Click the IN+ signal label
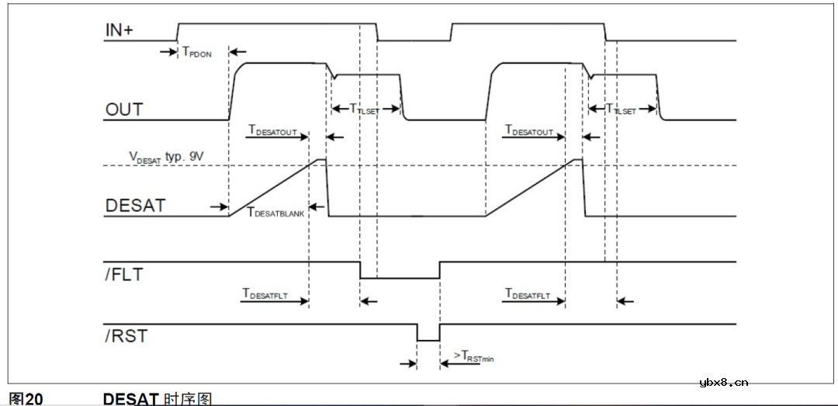pyautogui.click(x=120, y=30)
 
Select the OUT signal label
pyautogui.click(x=124, y=109)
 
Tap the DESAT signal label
pyautogui.click(x=135, y=206)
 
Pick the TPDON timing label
pyautogui.click(x=196, y=54)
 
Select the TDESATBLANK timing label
pyautogui.click(x=275, y=210)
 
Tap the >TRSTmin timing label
pyautogui.click(x=473, y=358)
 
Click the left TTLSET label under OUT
pyautogui.click(x=365, y=109)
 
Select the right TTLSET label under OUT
pyautogui.click(x=621, y=109)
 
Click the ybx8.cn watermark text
pyautogui.click(x=723, y=381)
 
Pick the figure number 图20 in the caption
pyautogui.click(x=25, y=399)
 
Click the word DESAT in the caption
pyautogui.click(x=130, y=399)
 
